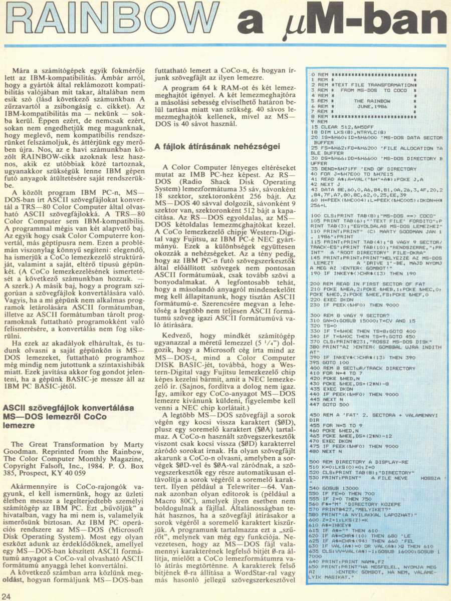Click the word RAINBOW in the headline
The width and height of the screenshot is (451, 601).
[113, 23]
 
